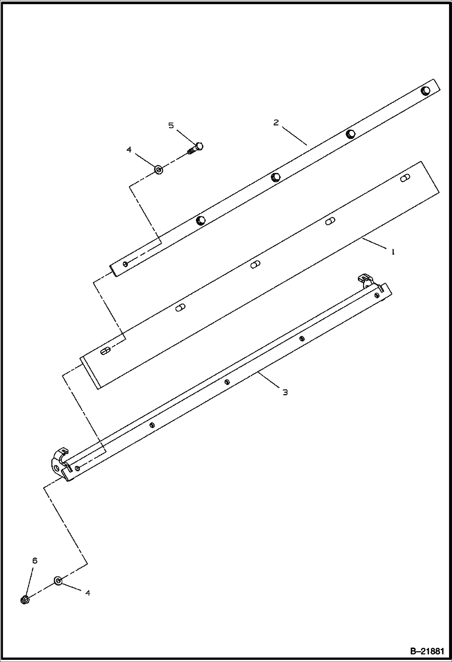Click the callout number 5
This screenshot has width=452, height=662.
click(171, 126)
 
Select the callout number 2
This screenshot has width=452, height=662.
click(276, 123)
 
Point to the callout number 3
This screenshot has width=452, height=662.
click(285, 392)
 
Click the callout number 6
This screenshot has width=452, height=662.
click(35, 561)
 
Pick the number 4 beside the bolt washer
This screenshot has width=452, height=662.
click(129, 149)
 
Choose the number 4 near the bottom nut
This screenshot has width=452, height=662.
click(88, 593)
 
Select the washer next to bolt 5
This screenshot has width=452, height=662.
click(159, 170)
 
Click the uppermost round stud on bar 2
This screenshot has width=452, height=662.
click(426, 91)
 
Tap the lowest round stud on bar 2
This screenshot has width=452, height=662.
click(201, 221)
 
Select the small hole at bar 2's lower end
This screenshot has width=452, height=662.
click(125, 264)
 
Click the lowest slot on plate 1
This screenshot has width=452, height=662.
click(105, 351)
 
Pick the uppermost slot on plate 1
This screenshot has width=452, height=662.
click(405, 178)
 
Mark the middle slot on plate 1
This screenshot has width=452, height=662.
click(255, 265)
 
